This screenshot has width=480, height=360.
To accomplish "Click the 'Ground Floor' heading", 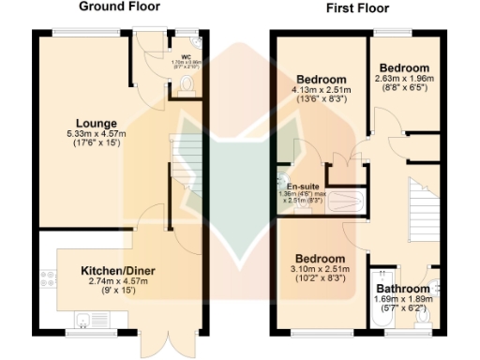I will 119,7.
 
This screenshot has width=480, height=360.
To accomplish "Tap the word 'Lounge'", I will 97,123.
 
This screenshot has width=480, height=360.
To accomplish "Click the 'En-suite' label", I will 305,186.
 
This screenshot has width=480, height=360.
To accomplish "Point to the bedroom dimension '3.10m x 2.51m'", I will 321,269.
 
